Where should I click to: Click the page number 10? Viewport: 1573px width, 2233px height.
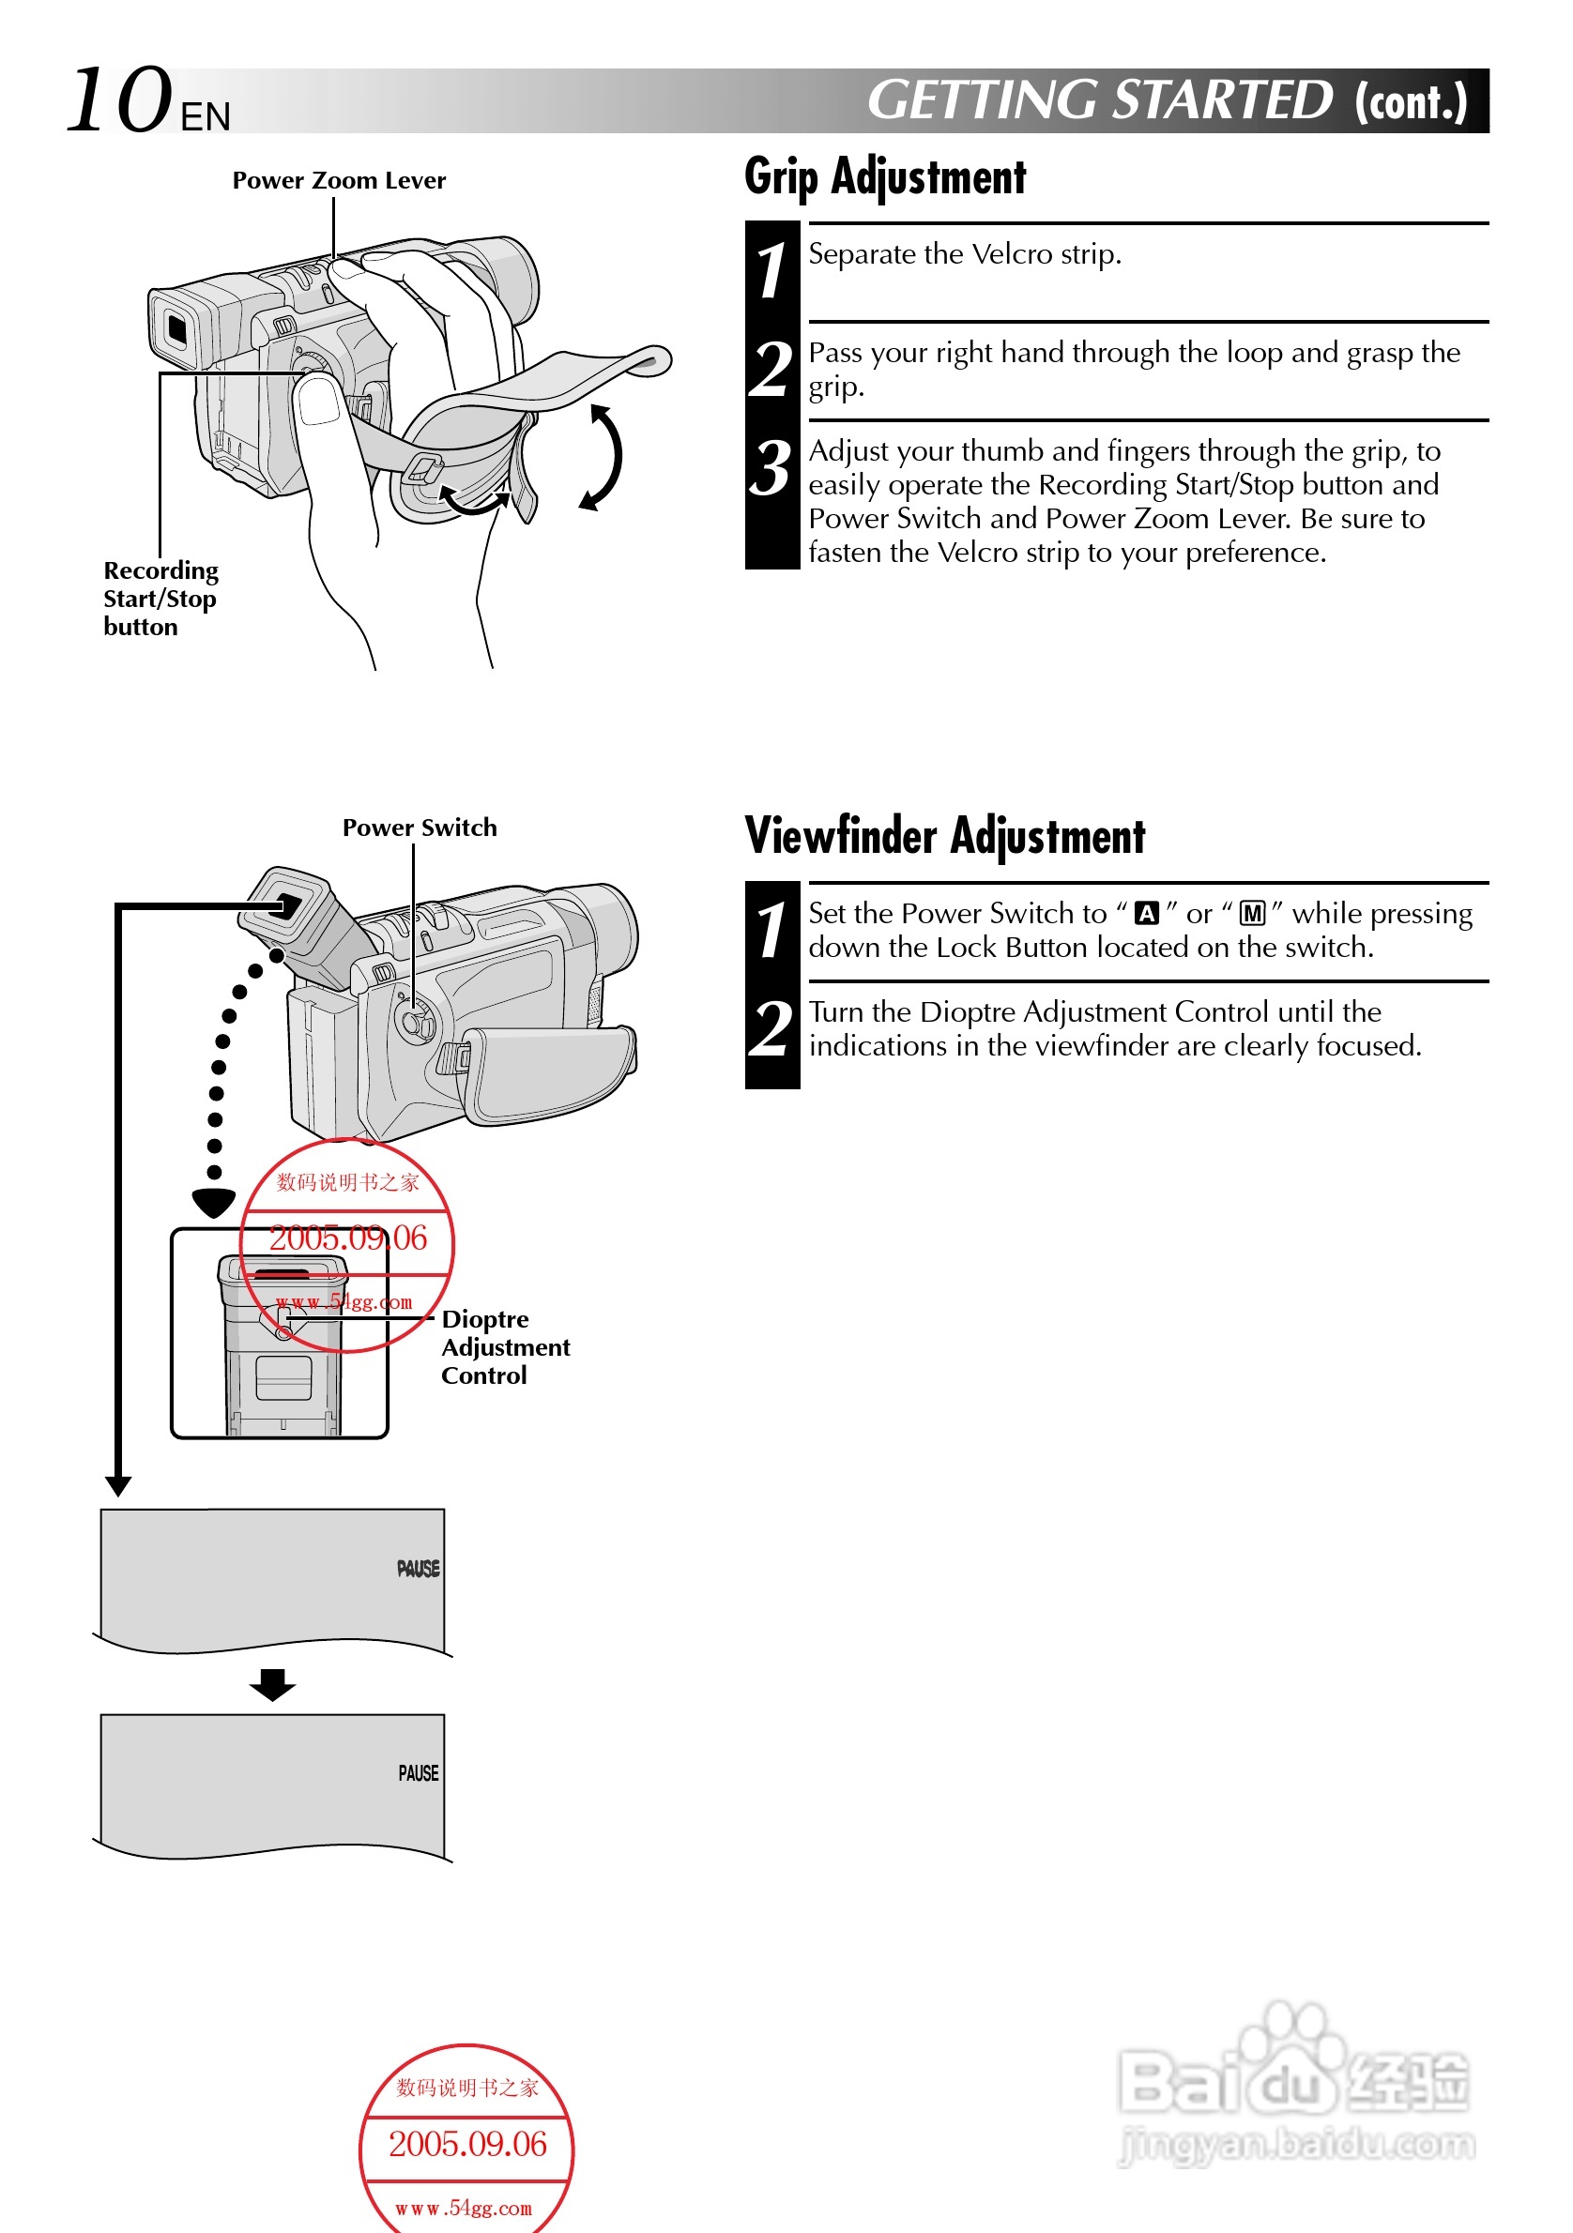[x=118, y=100]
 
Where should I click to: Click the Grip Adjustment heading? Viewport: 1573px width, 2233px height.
[x=884, y=177]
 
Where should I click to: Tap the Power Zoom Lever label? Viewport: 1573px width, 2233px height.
[x=339, y=181]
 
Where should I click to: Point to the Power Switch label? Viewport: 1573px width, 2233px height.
[x=420, y=828]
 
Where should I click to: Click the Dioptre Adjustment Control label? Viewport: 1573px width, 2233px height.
[x=504, y=1347]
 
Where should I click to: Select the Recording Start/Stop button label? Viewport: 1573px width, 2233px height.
[x=160, y=599]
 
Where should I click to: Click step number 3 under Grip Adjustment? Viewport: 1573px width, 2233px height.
[x=771, y=470]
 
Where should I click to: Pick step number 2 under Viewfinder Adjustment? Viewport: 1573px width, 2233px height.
[x=771, y=1029]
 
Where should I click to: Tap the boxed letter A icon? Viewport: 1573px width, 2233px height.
[x=1147, y=913]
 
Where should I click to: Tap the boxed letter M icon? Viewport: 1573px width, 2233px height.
[x=1252, y=913]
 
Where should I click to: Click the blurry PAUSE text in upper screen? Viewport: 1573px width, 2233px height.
[x=419, y=1569]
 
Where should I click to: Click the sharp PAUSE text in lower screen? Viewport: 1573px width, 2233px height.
[x=419, y=1773]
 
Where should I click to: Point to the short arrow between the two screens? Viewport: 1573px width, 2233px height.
[x=272, y=1683]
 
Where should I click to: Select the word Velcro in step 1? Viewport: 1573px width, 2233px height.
[x=1012, y=255]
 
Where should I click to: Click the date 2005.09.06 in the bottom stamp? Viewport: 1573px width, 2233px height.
[x=468, y=2145]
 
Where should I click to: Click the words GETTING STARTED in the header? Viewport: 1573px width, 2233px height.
[x=1099, y=101]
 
